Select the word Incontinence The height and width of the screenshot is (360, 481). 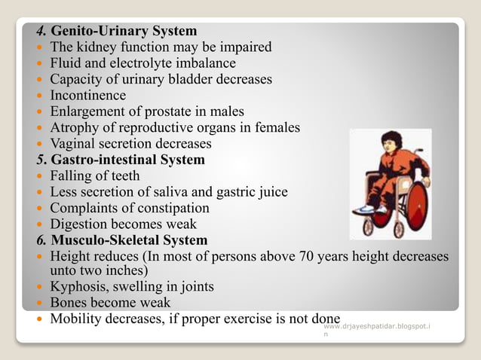(88, 96)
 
